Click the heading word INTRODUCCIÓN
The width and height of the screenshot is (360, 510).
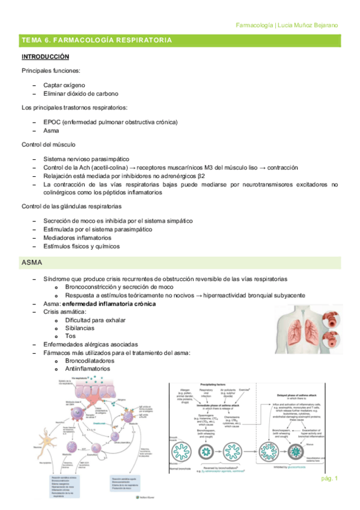coord(45,57)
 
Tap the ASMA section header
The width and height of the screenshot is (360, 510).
coord(32,263)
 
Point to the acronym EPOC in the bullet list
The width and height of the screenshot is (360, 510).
coord(53,122)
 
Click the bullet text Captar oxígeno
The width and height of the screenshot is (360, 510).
coord(64,85)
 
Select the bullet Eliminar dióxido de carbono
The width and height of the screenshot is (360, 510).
coord(81,94)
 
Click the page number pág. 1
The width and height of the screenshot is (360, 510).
coord(330,478)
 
